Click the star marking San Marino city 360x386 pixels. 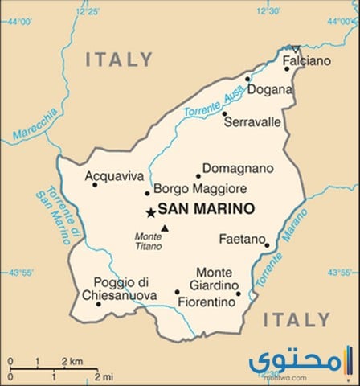tap(150, 212)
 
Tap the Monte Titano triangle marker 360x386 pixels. tap(164, 228)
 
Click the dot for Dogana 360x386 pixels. tap(248, 79)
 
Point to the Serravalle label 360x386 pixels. tap(252, 122)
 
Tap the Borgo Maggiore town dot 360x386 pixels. tap(147, 193)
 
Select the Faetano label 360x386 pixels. tap(242, 240)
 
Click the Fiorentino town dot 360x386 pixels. tap(178, 293)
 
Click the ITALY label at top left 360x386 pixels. tap(119, 60)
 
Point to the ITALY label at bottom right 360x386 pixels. tap(297, 320)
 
